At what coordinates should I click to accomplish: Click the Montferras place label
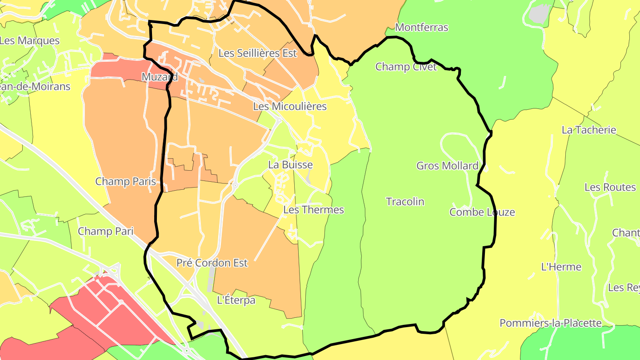pyautogui.click(x=421, y=28)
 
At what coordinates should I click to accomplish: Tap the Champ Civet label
pyautogui.click(x=406, y=67)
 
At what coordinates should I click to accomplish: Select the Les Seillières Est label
pyautogui.click(x=257, y=53)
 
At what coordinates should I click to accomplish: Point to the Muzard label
pyautogui.click(x=160, y=77)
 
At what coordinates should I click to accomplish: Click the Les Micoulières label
pyautogui.click(x=289, y=106)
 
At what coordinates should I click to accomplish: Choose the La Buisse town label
pyautogui.click(x=290, y=165)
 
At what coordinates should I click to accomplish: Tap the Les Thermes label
pyautogui.click(x=313, y=210)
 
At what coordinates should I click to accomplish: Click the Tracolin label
pyautogui.click(x=405, y=202)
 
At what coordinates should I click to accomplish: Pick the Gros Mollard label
pyautogui.click(x=447, y=166)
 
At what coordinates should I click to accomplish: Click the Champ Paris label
pyautogui.click(x=126, y=181)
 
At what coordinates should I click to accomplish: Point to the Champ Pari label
pyautogui.click(x=105, y=231)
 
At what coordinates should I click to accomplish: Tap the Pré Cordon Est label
pyautogui.click(x=212, y=263)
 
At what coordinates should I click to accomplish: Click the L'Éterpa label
pyautogui.click(x=236, y=300)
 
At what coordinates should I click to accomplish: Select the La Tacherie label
pyautogui.click(x=589, y=130)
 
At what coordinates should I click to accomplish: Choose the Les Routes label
pyautogui.click(x=610, y=187)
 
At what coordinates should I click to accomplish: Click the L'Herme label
pyautogui.click(x=561, y=267)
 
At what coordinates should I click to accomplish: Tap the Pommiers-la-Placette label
pyautogui.click(x=550, y=323)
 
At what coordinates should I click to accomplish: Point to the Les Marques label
pyautogui.click(x=29, y=40)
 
